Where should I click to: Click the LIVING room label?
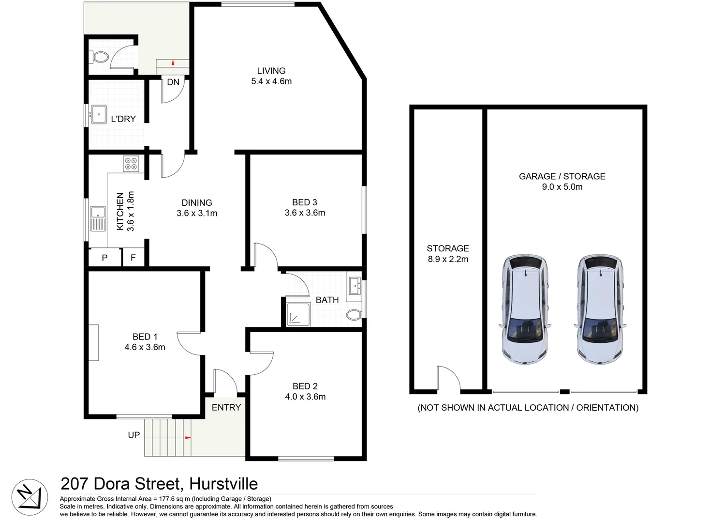point(271,71)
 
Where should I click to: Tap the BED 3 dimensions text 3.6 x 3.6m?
point(305,213)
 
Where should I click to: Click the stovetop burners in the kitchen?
point(131,163)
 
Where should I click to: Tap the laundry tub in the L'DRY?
point(99,115)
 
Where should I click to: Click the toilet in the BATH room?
point(354,315)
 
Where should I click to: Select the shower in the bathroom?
point(297,314)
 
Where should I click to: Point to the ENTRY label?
point(226,407)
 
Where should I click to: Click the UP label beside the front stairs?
point(134,435)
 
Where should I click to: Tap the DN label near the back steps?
point(173,82)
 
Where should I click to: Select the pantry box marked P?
point(104,258)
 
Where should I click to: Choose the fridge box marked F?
point(133,258)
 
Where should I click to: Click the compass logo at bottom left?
point(30,497)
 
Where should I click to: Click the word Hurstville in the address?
point(223,484)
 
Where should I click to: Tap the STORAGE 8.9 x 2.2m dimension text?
point(448,259)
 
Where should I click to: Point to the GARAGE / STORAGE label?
point(562,176)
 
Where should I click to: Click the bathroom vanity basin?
point(355,285)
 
